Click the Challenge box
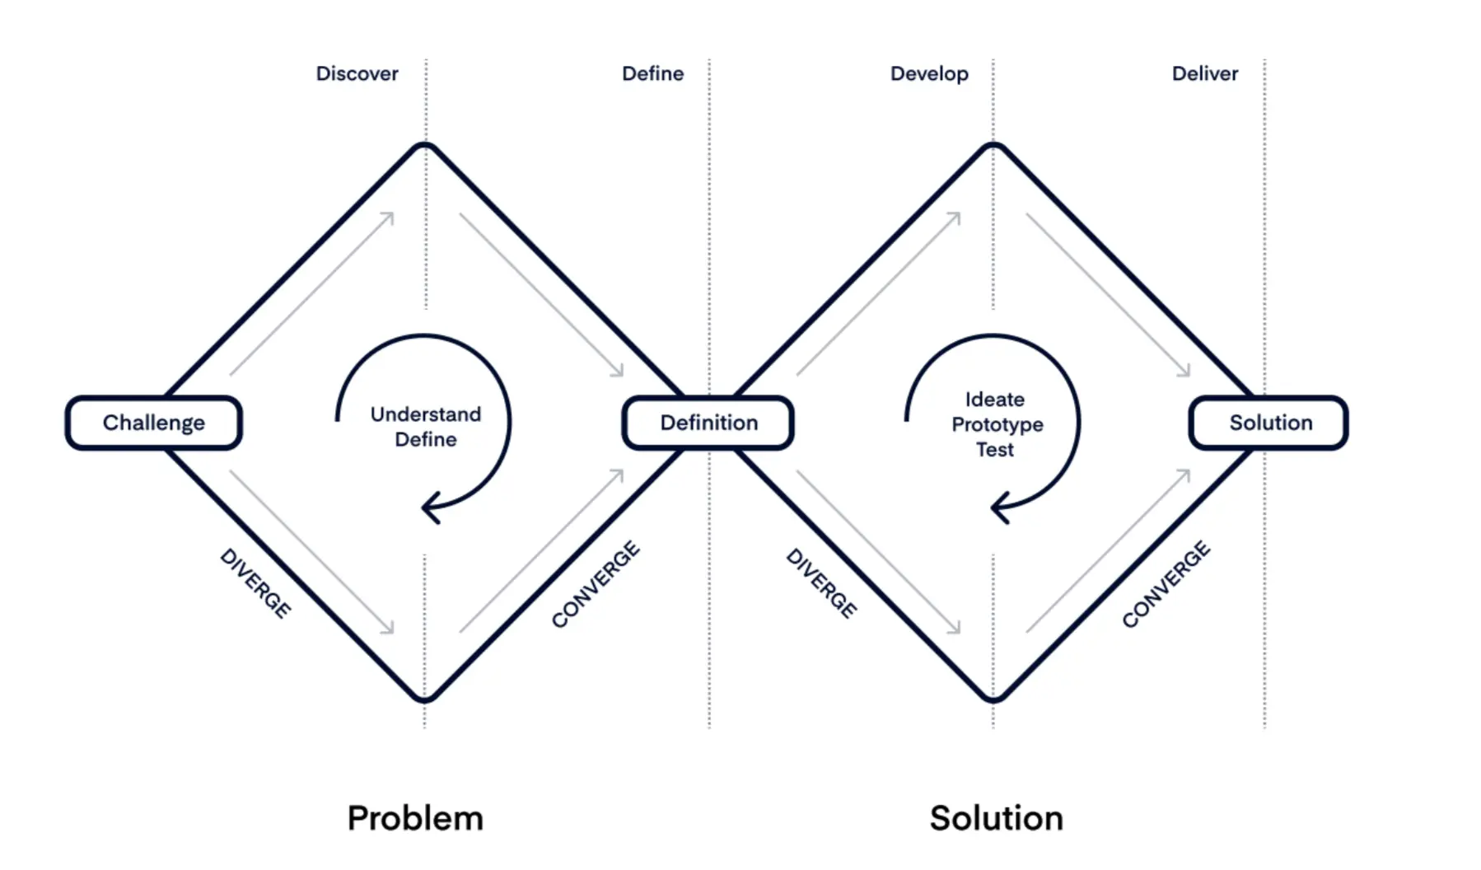[153, 423]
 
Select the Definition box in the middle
[708, 423]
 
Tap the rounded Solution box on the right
[1269, 423]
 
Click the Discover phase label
[357, 74]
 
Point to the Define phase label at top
[652, 74]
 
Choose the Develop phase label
[929, 74]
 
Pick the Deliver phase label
[1204, 74]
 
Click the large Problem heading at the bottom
[415, 818]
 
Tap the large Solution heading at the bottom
[997, 818]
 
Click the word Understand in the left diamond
[425, 414]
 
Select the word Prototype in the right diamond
[997, 425]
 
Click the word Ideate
[995, 400]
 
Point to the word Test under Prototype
[995, 450]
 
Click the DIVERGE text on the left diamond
[255, 583]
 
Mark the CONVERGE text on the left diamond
[596, 584]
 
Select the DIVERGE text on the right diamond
[821, 583]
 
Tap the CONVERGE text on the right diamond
[1166, 584]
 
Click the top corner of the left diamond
[425, 147]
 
